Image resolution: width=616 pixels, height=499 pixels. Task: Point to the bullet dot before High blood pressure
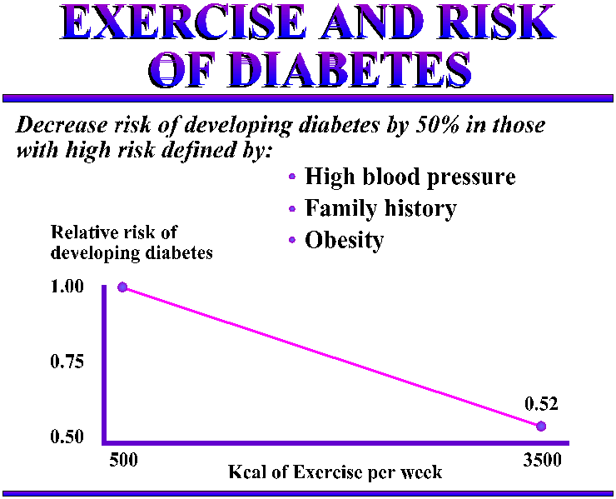(x=291, y=177)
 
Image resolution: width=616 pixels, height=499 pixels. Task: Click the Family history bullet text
(x=380, y=208)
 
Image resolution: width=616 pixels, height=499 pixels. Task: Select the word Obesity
(x=345, y=240)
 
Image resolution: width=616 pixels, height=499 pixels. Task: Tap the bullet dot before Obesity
(x=291, y=240)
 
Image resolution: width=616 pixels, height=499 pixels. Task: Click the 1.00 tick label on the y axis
(x=67, y=287)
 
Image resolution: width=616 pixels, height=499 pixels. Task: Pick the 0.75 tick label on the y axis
(x=67, y=362)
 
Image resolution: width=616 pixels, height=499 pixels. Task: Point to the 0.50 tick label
(x=67, y=437)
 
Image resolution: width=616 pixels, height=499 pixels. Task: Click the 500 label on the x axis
(x=123, y=459)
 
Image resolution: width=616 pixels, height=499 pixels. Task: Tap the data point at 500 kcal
(x=122, y=287)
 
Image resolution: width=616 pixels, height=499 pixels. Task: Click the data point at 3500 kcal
(x=541, y=426)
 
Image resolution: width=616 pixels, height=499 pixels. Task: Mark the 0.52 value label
(x=541, y=404)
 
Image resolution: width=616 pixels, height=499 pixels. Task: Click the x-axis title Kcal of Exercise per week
(x=335, y=472)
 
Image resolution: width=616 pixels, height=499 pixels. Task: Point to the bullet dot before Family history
(x=291, y=208)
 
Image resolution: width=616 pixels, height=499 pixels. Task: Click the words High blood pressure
(x=410, y=177)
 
